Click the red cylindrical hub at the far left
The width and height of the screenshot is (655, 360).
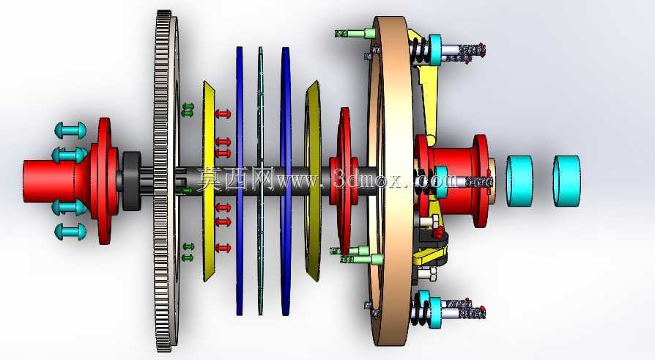(x=50, y=180)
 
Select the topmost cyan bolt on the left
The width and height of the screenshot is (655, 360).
(x=70, y=130)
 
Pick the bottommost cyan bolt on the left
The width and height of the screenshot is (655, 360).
(x=70, y=232)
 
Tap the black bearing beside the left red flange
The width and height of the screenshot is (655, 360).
(x=132, y=180)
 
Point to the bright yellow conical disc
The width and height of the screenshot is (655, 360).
(x=209, y=180)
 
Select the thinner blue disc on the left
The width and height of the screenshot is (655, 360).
(x=240, y=180)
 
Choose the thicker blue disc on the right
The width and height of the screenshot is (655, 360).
(x=286, y=180)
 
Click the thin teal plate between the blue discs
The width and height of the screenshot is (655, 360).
(x=260, y=180)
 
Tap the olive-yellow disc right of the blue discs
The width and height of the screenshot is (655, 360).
(x=313, y=180)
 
